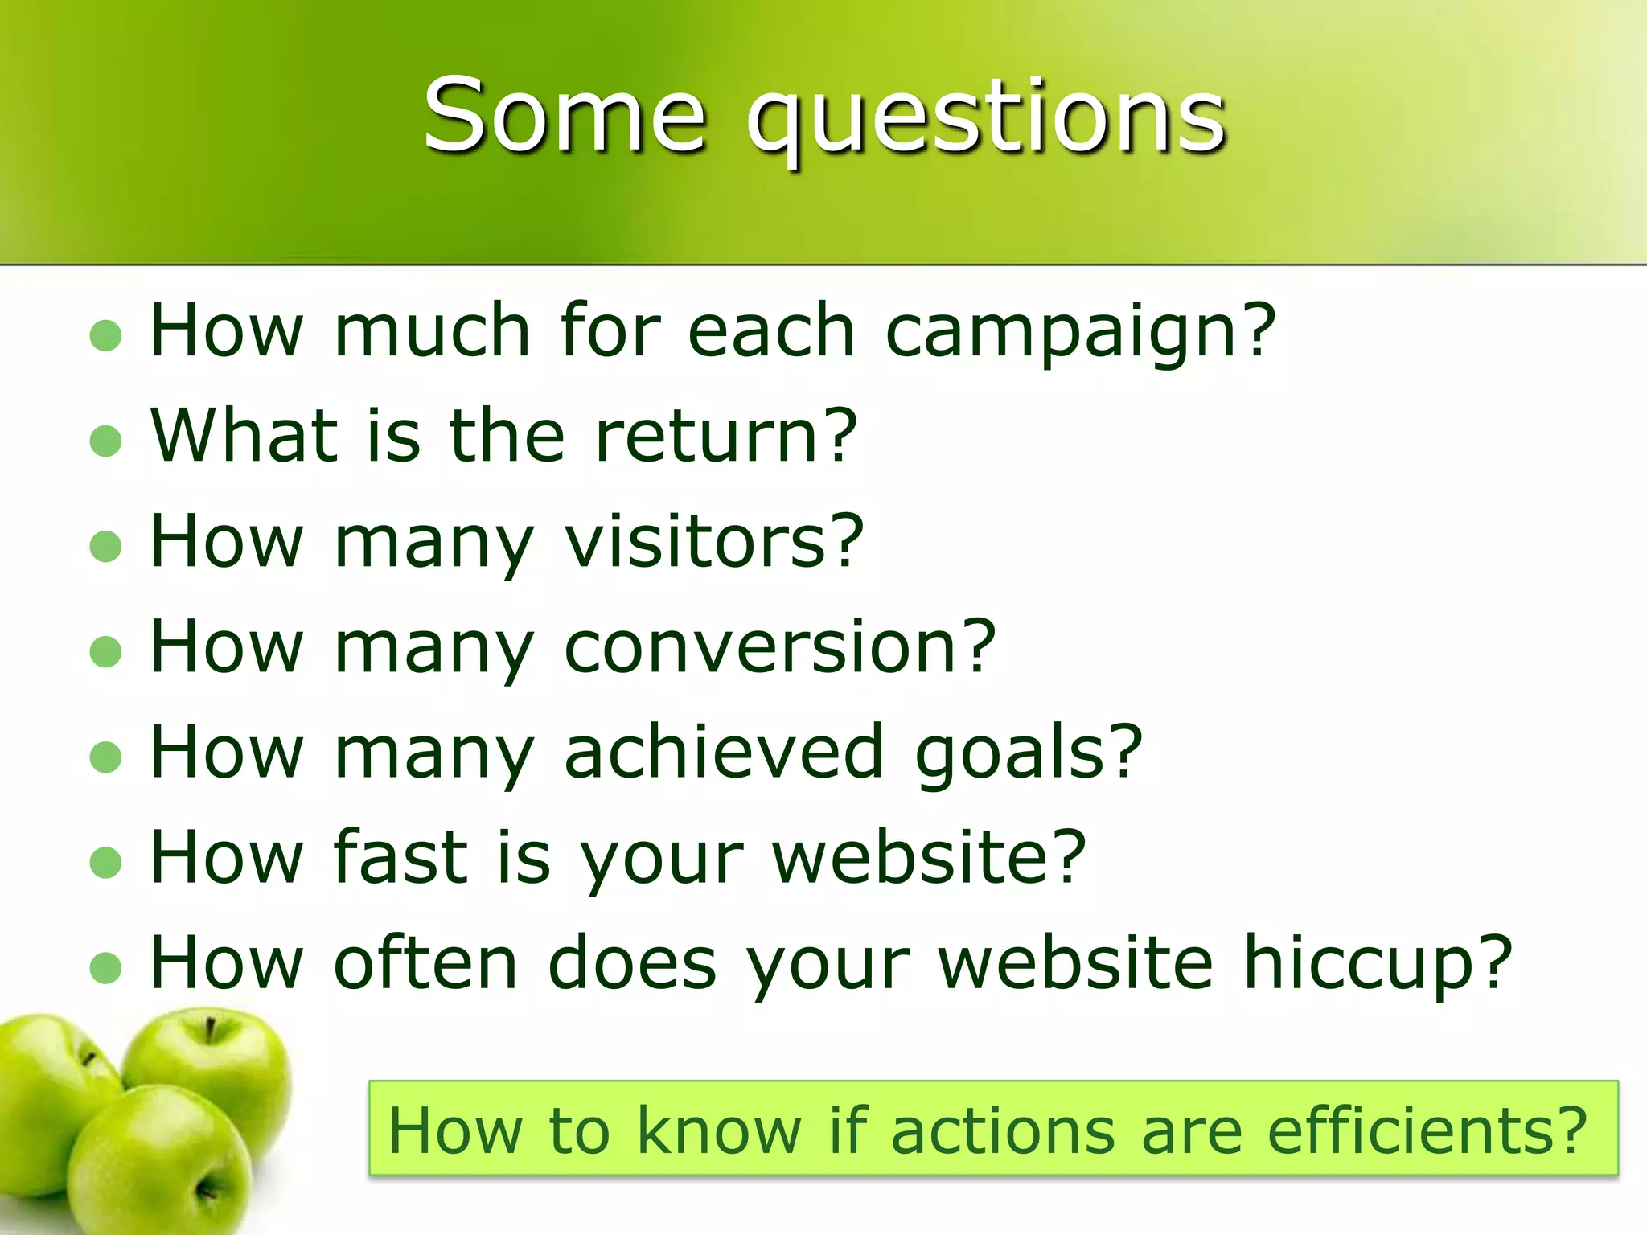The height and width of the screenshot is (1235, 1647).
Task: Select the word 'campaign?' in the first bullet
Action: [1080, 332]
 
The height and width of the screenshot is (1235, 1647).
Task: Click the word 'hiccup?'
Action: [1378, 963]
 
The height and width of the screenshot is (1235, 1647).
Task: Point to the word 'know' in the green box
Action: [719, 1130]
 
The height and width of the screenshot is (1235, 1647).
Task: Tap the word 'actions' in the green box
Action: [1002, 1130]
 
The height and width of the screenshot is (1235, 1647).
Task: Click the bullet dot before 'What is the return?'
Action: [105, 441]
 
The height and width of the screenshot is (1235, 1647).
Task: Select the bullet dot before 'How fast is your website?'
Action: [105, 863]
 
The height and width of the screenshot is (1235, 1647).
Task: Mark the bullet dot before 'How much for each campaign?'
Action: [105, 335]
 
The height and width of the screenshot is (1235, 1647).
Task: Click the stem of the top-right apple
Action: [210, 1029]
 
